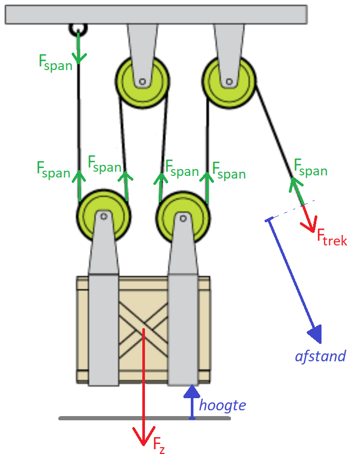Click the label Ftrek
pos(332,238)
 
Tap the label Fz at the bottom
pos(159,445)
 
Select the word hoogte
pos(222,406)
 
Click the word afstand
pos(320,356)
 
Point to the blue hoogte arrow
pos(192,402)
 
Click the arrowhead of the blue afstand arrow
pos(315,334)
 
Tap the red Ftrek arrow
pos(308,219)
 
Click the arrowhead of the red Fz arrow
pos(144,436)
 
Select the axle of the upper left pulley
pos(142,82)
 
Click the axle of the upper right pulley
pos(229,82)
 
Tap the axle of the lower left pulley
pos(104,216)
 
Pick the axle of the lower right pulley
pos(183,218)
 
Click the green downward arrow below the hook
pos(79,48)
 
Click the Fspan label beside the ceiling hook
pos(55,63)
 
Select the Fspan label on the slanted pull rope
pos(310,167)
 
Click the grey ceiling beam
pos(156,14)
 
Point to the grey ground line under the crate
pos(144,418)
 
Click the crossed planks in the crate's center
pos(143,330)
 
